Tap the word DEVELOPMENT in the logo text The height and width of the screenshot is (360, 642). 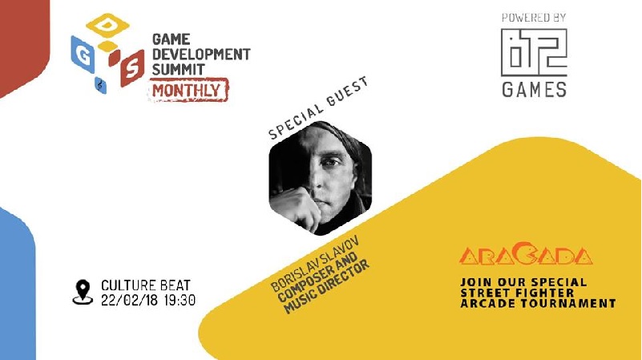click(201, 54)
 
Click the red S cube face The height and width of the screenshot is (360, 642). click(132, 66)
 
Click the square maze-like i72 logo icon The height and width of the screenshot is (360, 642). click(534, 52)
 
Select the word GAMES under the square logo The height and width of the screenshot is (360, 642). click(534, 89)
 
